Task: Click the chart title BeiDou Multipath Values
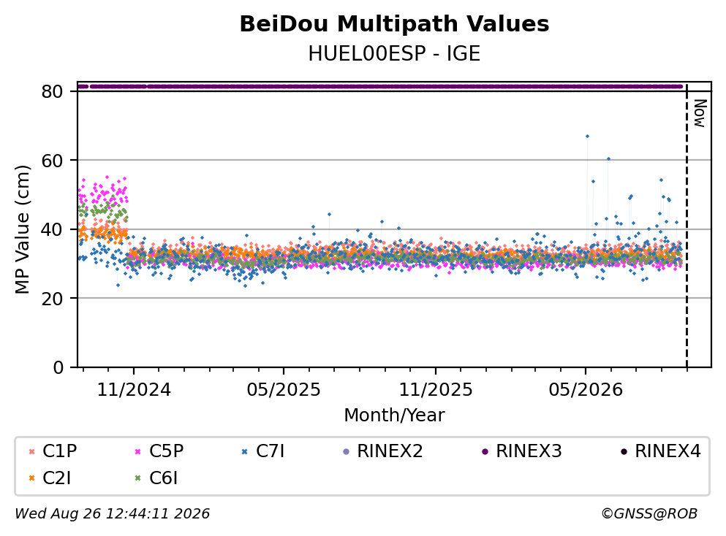click(394, 24)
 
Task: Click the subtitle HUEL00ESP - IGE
click(394, 53)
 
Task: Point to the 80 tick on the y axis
click(52, 91)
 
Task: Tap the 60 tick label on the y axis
click(52, 161)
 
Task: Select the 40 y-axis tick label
click(52, 229)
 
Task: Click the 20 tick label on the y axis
click(52, 298)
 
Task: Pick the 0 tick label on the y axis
click(58, 367)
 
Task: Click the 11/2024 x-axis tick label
click(134, 390)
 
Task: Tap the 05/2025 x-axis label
click(284, 390)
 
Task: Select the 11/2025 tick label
click(436, 390)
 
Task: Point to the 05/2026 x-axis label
click(586, 390)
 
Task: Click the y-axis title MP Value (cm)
click(22, 229)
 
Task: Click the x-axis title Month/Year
click(394, 416)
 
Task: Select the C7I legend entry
click(263, 451)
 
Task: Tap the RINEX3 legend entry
click(521, 451)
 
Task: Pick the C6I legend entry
click(156, 478)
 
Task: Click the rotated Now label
click(700, 113)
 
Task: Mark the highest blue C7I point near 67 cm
click(587, 136)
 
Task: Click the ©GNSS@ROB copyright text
click(649, 513)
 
